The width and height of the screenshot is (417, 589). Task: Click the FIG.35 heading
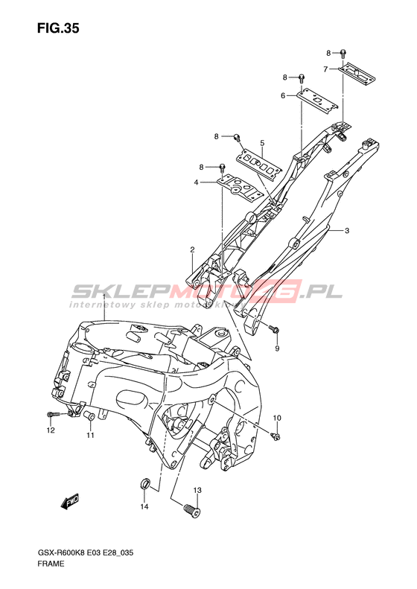[x=58, y=28]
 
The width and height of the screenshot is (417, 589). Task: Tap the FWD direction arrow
[x=71, y=500]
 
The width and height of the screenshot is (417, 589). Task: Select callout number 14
[x=144, y=507]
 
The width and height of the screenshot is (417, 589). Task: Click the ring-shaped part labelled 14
[x=145, y=483]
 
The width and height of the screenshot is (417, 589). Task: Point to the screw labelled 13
[x=192, y=510]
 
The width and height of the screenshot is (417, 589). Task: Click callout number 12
[x=51, y=430]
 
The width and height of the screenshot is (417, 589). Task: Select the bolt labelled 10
[x=276, y=436]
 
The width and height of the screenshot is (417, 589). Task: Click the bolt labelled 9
[x=273, y=329]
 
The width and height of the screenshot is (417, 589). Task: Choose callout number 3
[x=347, y=230]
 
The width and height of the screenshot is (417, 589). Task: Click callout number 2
[x=192, y=249]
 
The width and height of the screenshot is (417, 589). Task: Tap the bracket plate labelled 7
[x=357, y=73]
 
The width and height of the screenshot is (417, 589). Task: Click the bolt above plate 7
[x=343, y=54]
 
